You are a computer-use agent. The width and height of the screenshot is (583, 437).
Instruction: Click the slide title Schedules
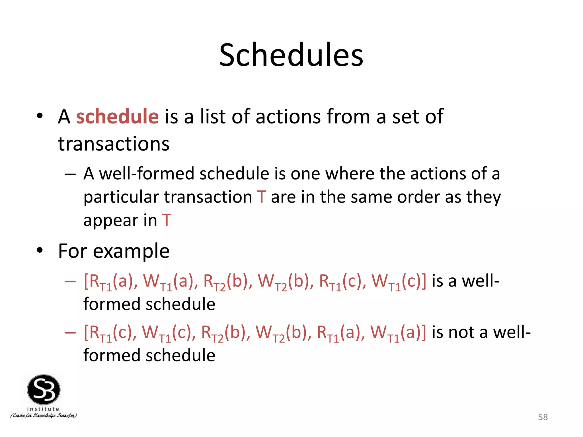click(x=291, y=55)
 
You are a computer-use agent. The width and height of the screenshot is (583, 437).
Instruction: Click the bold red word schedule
click(x=117, y=117)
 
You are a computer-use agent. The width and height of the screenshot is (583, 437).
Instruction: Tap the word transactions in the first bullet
click(x=114, y=144)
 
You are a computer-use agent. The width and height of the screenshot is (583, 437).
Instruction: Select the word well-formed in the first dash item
click(x=147, y=174)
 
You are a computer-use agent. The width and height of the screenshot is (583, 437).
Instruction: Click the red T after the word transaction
click(x=261, y=197)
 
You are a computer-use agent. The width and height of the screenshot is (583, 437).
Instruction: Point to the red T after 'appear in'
click(x=167, y=220)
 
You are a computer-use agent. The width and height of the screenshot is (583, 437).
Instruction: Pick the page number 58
click(x=543, y=417)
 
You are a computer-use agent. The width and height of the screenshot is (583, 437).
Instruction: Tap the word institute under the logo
click(x=43, y=409)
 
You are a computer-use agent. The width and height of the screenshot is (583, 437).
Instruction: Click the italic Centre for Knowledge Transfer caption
click(x=44, y=416)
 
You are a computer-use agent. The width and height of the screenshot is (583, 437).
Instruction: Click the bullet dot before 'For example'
click(x=40, y=250)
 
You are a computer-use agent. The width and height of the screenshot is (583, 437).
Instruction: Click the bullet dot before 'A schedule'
click(x=40, y=116)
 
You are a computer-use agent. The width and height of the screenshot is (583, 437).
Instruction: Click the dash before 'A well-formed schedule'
click(x=70, y=174)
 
